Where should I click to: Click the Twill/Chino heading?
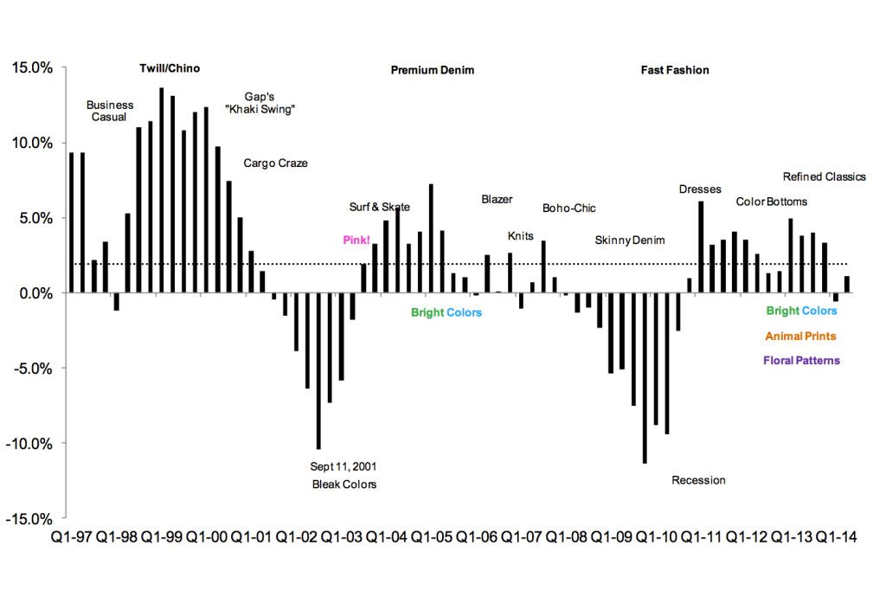click(170, 69)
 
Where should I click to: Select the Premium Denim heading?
click(433, 70)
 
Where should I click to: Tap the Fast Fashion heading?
click(675, 70)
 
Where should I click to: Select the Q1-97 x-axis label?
click(71, 537)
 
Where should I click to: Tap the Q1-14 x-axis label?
click(836, 537)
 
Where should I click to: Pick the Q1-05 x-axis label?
click(431, 537)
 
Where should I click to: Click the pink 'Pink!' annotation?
click(356, 240)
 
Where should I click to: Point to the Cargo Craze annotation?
click(275, 163)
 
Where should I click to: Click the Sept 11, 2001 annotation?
click(343, 466)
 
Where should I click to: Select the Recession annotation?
click(698, 480)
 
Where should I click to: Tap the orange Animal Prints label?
click(801, 337)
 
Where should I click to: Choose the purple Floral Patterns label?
click(801, 361)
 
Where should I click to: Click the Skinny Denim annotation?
click(630, 240)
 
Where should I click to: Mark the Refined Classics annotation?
click(824, 176)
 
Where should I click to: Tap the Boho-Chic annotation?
click(568, 208)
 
